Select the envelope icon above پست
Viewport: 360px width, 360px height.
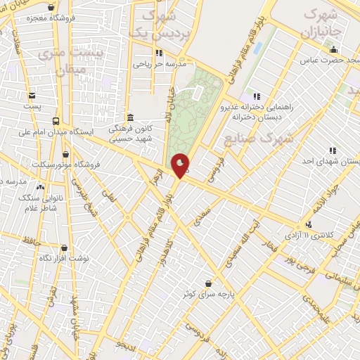pos(32,96)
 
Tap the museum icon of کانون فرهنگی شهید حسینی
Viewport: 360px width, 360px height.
pos(129,117)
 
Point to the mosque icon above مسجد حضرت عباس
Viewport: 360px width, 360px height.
pos(334,49)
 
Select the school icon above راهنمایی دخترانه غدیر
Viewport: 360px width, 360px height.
pos(257,96)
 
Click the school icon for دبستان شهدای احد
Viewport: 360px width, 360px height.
pos(332,150)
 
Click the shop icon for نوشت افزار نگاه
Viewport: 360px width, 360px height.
pos(65,247)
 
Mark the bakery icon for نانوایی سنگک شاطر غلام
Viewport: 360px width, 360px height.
pos(39,188)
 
